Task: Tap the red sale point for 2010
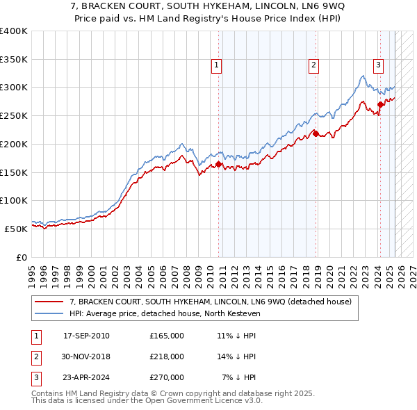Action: (218, 165)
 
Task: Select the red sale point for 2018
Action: (316, 134)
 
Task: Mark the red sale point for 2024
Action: (380, 105)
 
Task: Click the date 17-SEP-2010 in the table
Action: (86, 336)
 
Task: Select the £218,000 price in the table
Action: (167, 356)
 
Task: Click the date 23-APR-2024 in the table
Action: (86, 377)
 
